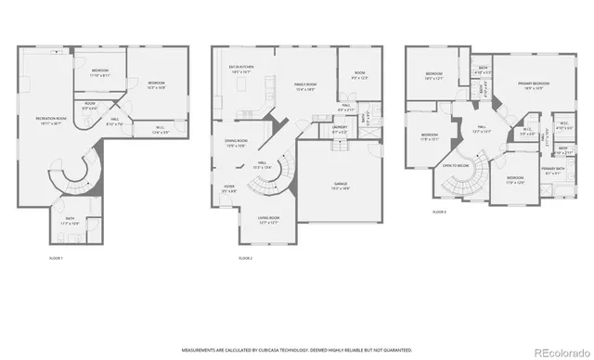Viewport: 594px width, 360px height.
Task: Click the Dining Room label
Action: point(236,143)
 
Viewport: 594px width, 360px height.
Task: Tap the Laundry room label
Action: point(340,131)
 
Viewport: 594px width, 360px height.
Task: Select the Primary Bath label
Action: point(553,170)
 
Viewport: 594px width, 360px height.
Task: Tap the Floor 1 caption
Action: point(56,256)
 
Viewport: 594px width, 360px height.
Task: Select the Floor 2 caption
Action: point(245,256)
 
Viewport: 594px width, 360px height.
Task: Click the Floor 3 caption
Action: point(439,212)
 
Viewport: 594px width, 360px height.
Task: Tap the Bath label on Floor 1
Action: point(71,223)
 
